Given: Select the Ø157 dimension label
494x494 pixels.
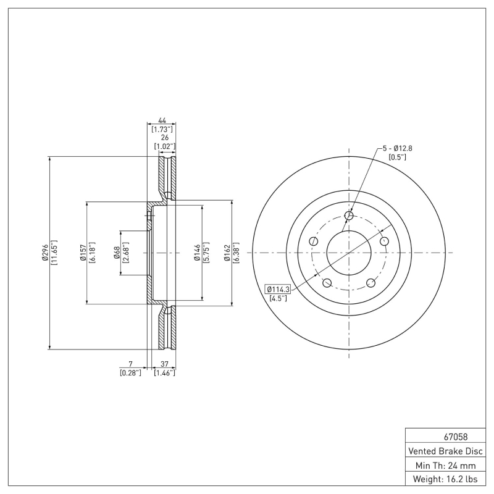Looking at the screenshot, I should (82, 253).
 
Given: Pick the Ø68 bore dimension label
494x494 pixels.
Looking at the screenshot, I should (117, 253).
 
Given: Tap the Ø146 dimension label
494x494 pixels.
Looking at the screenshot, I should (196, 253).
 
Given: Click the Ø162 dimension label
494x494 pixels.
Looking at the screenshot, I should (227, 253).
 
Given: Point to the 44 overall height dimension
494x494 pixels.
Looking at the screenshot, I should (162, 120).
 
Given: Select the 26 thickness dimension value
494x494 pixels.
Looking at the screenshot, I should (165, 138).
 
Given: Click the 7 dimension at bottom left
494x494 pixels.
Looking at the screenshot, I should (131, 364).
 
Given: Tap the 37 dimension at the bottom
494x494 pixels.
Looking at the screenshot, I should (164, 364).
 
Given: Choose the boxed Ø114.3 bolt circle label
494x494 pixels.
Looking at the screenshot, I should (278, 289).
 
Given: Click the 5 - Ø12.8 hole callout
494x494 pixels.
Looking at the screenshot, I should (397, 148).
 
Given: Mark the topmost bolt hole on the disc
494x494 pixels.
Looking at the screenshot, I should (350, 216).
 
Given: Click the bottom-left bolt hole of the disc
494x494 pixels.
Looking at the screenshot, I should (327, 283).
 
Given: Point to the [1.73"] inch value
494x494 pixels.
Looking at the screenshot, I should (162, 129).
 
